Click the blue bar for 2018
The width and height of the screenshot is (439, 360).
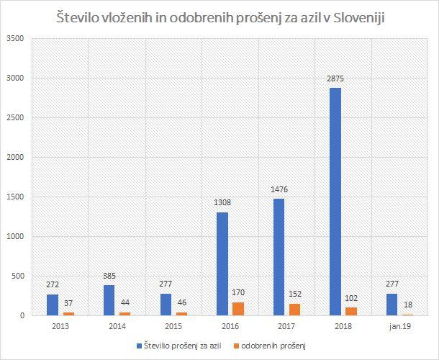[335, 202]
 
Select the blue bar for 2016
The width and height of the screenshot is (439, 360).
[222, 264]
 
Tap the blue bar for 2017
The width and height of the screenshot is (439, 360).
[279, 257]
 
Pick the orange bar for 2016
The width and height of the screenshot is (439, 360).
[238, 309]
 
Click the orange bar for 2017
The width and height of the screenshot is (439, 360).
[294, 310]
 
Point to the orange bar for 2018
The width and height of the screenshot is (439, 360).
[350, 312]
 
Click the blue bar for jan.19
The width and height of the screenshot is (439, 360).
[392, 305]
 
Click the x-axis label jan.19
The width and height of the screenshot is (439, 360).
[400, 326]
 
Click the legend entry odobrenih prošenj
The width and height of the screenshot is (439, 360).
[271, 346]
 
